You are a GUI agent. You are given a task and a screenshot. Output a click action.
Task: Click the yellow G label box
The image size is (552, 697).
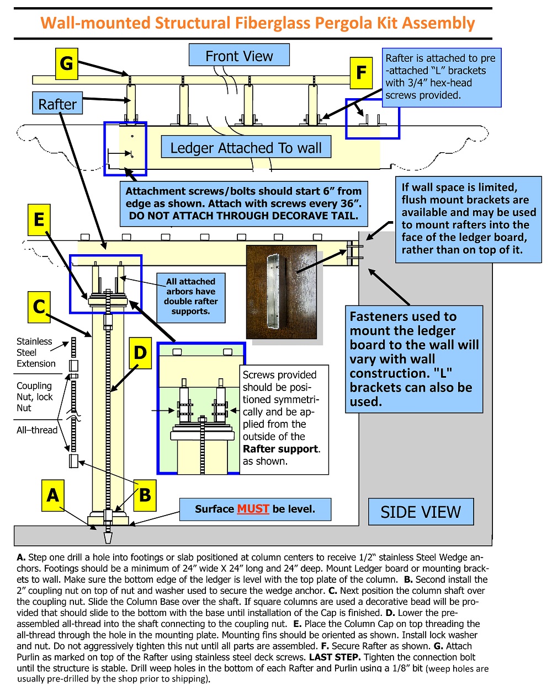tap(66, 64)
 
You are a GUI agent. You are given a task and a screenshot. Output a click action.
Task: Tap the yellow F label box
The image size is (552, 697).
tap(361, 73)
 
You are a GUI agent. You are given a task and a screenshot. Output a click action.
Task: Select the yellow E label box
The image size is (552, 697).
tap(39, 219)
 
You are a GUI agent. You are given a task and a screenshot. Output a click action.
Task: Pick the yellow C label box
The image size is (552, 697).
tap(39, 307)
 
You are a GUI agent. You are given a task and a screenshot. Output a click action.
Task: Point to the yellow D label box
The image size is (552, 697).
tap(140, 353)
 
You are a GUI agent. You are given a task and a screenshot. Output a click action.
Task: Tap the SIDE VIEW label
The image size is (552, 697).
tap(421, 512)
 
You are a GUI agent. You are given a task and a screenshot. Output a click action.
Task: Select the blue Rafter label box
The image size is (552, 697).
tap(57, 103)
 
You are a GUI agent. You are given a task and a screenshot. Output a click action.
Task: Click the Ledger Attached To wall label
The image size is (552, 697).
tap(246, 147)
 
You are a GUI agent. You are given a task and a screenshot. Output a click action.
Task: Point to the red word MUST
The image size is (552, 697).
tap(253, 509)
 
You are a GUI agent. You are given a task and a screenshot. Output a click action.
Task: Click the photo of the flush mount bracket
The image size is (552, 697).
tap(281, 292)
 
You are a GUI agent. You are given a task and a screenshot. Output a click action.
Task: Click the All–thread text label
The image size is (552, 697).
tap(36, 430)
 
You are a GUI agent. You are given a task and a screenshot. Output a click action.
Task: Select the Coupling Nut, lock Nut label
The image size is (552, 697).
tap(34, 397)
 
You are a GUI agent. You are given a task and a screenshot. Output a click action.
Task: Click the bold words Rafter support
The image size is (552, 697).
tap(280, 449)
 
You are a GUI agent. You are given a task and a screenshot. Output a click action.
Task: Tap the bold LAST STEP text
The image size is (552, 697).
tap(335, 657)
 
